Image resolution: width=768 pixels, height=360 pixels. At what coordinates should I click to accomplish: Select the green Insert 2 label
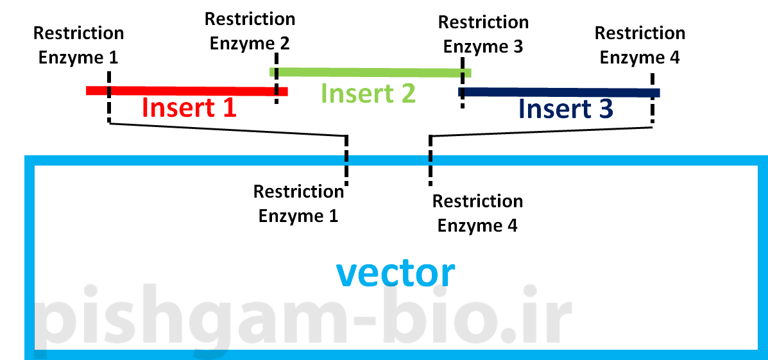point(368,93)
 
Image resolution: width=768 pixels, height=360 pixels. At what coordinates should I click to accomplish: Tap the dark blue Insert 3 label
point(565,109)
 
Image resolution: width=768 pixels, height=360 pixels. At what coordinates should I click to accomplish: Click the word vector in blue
point(395,273)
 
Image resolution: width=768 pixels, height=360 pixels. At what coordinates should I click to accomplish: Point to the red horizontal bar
point(186,91)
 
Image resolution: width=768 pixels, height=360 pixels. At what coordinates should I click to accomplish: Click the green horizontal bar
point(370,73)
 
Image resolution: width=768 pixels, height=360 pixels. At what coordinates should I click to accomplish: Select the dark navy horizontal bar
point(558,92)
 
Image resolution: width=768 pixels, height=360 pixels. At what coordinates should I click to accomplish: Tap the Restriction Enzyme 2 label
point(250,31)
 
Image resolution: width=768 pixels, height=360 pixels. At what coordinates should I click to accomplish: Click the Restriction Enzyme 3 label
point(483,35)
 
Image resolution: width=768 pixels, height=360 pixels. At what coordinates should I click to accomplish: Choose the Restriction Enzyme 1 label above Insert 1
point(78,45)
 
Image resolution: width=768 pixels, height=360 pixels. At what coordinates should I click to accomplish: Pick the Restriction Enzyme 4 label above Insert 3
point(640,45)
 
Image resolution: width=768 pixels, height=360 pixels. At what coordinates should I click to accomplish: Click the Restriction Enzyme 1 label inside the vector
point(298,203)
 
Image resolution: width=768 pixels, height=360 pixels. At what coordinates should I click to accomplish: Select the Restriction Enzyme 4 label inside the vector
point(477,213)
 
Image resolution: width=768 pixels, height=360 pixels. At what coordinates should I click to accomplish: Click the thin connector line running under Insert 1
point(228,129)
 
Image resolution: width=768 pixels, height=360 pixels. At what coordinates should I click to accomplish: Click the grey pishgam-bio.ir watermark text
point(302,321)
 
